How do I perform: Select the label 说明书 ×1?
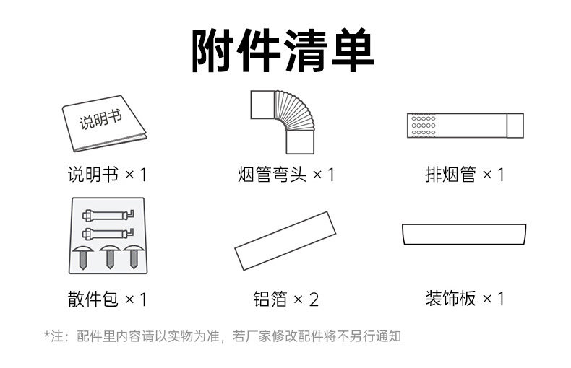(x=106, y=175)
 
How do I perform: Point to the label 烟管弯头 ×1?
(x=286, y=175)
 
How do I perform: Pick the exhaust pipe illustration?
(x=464, y=125)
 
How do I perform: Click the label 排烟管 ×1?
(x=464, y=175)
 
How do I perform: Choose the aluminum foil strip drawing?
(x=285, y=240)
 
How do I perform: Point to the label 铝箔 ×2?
(x=286, y=299)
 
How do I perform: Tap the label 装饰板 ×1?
(x=464, y=299)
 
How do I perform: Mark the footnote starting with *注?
(x=222, y=336)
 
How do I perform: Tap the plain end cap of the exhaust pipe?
(x=514, y=125)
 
